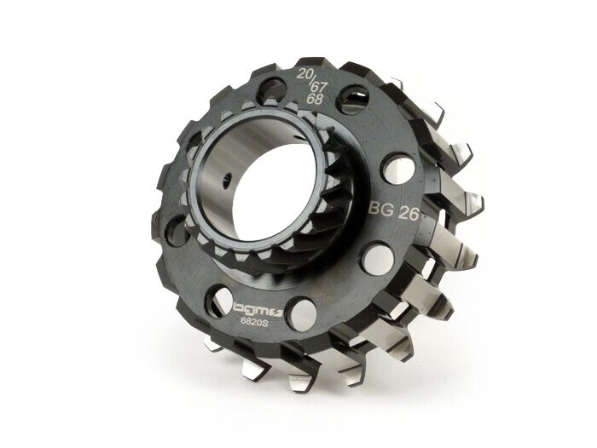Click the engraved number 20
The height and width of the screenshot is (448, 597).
tap(305, 74)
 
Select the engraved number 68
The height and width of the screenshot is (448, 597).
tap(314, 100)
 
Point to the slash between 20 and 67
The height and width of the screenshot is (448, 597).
tap(313, 79)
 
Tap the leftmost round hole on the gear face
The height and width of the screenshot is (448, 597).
tap(175, 230)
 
